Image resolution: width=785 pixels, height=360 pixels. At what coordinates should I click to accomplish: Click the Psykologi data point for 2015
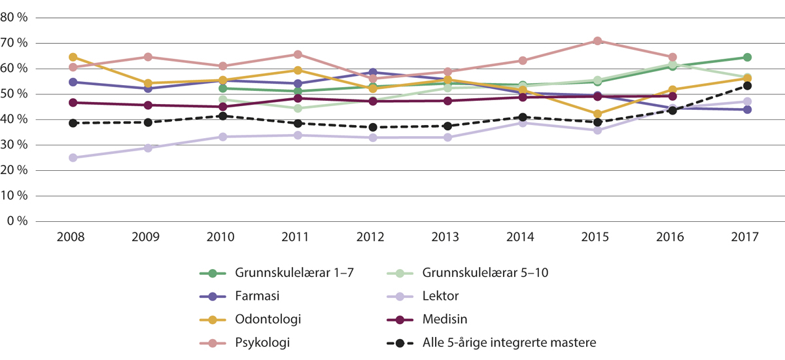[597, 41]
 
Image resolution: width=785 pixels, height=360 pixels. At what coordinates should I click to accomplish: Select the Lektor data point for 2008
[73, 158]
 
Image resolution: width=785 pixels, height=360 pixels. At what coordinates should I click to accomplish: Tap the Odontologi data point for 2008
[73, 57]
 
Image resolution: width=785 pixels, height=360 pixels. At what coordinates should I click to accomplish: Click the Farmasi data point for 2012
[372, 73]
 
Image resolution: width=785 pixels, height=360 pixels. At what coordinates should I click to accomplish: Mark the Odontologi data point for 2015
[597, 114]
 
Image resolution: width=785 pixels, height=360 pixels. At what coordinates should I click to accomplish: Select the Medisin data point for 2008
[73, 103]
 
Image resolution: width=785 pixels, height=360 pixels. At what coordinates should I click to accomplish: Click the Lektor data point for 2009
[147, 148]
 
